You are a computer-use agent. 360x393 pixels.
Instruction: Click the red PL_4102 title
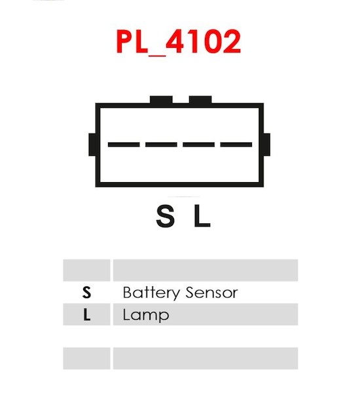179,42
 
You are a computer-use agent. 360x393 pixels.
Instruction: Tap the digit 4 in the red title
175,41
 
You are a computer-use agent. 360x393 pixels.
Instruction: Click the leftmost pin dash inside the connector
124,145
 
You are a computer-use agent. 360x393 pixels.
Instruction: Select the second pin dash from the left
161,145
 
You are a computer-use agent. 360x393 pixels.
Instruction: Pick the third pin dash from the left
199,145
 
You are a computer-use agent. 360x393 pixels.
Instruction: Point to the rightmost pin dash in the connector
236,145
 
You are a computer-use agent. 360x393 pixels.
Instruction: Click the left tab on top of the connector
161,100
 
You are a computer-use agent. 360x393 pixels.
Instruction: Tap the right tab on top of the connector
200,100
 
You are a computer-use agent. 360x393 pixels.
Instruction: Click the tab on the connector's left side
92,145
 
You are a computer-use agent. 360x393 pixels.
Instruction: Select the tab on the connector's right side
266,145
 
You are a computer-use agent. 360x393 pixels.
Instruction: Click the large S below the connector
165,215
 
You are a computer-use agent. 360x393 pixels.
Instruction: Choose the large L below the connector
202,215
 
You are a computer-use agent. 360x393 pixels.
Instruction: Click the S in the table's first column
86,292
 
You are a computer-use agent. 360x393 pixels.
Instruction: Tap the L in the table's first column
86,315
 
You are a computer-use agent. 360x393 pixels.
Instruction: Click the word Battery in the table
151,293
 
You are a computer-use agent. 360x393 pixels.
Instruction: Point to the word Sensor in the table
211,292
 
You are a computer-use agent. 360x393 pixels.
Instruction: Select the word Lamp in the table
146,315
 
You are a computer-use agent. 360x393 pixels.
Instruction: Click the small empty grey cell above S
86,270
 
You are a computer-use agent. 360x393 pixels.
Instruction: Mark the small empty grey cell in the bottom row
86,358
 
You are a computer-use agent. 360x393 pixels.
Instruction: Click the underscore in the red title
157,56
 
